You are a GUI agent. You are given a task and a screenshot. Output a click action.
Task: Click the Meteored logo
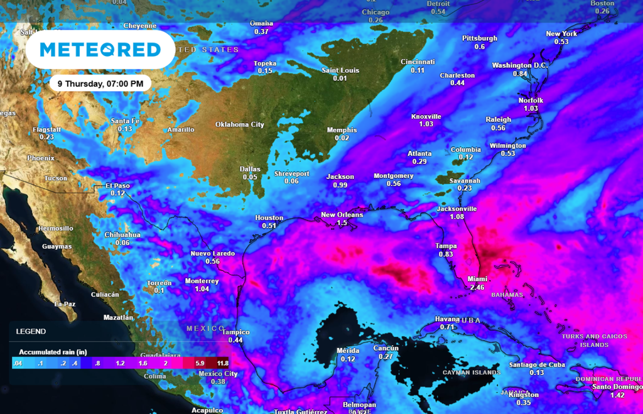[x=100, y=49]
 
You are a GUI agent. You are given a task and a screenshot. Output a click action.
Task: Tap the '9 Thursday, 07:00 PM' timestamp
[x=100, y=83]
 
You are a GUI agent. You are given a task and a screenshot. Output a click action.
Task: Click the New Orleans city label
[x=342, y=215]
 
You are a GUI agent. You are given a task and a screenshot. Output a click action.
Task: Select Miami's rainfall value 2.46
[x=477, y=287]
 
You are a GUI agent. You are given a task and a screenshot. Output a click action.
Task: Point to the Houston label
[x=269, y=218]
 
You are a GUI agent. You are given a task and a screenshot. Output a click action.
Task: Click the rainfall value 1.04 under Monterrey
[x=202, y=289]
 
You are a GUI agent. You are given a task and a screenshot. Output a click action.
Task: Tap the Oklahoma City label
[x=240, y=124]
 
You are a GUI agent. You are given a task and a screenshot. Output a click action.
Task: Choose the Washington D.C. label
[x=520, y=65]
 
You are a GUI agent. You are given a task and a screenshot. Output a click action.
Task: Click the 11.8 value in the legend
[x=222, y=363]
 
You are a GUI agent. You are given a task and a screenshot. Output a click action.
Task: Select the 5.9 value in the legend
[x=200, y=363]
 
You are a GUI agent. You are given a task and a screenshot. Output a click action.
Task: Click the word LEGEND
[x=31, y=331]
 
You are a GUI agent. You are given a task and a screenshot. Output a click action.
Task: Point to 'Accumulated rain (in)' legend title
[x=52, y=352]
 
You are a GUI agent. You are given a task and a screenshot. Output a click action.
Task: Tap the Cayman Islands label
[x=471, y=373]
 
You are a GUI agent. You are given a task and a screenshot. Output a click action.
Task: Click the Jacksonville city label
[x=457, y=209]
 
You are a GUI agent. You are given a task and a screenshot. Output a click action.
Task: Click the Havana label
[x=447, y=319]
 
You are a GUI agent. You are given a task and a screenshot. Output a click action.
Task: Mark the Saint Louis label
[x=340, y=70]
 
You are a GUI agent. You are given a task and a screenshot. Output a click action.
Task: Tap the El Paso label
[x=117, y=185]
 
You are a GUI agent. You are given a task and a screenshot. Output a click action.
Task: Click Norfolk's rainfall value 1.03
[x=531, y=109]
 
